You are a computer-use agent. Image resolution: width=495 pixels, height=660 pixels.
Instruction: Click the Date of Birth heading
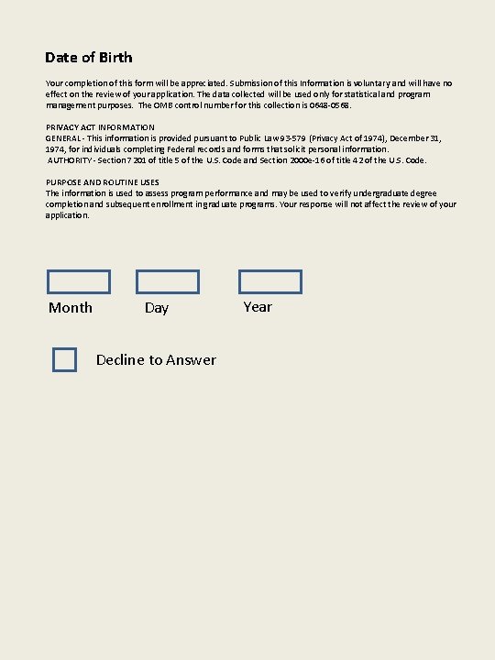click(89, 58)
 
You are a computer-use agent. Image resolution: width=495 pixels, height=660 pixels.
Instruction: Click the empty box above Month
click(79, 281)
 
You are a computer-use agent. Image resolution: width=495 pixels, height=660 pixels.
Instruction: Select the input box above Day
click(168, 281)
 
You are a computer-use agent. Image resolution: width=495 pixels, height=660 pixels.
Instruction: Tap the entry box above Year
click(270, 281)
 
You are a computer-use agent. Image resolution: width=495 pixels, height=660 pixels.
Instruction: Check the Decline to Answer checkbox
click(64, 360)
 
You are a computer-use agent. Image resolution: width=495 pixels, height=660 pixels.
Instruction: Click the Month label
click(71, 308)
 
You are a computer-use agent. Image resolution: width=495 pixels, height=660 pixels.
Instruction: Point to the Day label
click(157, 308)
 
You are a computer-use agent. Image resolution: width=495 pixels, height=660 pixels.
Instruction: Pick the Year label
click(258, 307)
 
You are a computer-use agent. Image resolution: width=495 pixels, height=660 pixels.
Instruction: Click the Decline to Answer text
click(156, 360)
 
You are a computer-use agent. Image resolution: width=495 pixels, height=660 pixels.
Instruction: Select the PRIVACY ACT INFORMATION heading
click(100, 126)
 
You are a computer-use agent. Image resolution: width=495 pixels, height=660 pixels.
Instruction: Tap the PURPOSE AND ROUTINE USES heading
click(103, 182)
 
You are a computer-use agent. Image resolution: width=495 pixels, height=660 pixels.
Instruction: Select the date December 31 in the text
click(417, 137)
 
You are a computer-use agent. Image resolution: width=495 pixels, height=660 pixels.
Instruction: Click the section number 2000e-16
click(317, 159)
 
